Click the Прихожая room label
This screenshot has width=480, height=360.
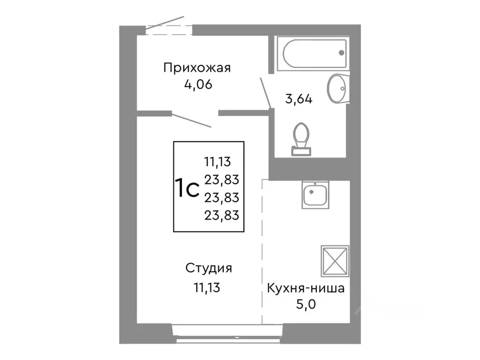click(197, 68)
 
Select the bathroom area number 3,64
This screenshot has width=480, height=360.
click(299, 99)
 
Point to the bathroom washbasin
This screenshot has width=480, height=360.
click(336, 88)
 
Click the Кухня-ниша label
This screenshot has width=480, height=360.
click(306, 288)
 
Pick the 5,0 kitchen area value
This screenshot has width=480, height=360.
click(306, 304)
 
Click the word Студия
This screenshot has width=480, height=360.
click(209, 269)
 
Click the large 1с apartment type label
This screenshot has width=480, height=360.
click(187, 188)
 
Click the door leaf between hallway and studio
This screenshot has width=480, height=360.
click(191, 120)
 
